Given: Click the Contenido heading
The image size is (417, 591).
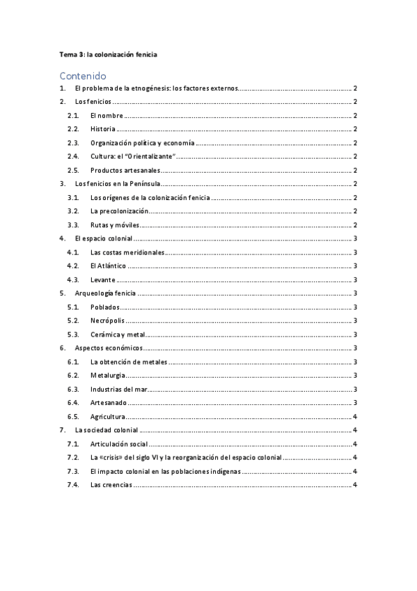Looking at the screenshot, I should pyautogui.click(x=82, y=75).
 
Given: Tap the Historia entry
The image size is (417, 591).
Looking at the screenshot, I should pyautogui.click(x=103, y=129).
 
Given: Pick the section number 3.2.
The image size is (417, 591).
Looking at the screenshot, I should pyautogui.click(x=72, y=210).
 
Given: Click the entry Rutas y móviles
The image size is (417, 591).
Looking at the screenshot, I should pyautogui.click(x=116, y=224).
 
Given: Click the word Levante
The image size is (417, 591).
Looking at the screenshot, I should pyautogui.click(x=103, y=279).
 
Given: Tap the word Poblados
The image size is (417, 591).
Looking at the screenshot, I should pyautogui.click(x=106, y=307).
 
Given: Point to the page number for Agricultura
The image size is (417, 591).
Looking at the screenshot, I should pyautogui.click(x=355, y=416).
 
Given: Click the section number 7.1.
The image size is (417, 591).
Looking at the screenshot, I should pyautogui.click(x=72, y=443).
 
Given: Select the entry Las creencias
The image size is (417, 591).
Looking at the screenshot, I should pyautogui.click(x=111, y=484).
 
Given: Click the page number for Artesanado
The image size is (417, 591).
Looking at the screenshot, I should pyautogui.click(x=355, y=402).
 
